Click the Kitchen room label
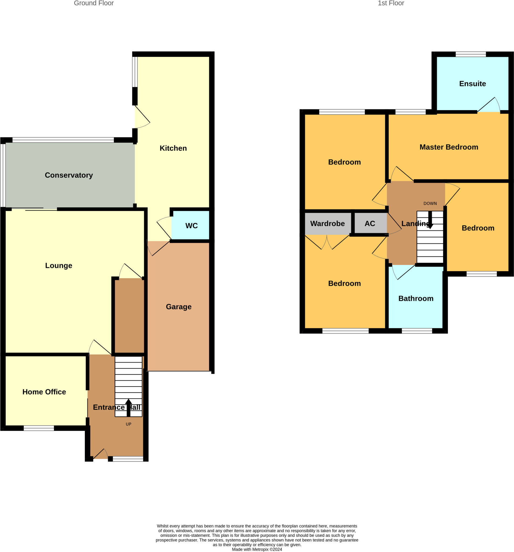(x=173, y=148)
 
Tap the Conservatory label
(x=69, y=175)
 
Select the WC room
(x=191, y=226)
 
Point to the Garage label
(x=178, y=307)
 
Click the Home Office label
(x=44, y=392)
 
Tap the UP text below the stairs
(x=128, y=424)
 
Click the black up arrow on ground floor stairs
(x=128, y=408)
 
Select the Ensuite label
(x=472, y=84)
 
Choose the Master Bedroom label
(x=449, y=147)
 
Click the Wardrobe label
(x=327, y=223)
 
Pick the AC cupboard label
(x=370, y=223)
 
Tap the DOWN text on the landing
(x=430, y=203)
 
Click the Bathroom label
(x=416, y=298)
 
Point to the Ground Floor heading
(x=94, y=3)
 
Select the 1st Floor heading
(x=391, y=3)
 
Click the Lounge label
(x=58, y=265)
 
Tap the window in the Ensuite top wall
(x=471, y=54)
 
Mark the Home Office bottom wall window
(x=39, y=428)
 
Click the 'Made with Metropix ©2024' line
(x=257, y=549)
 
